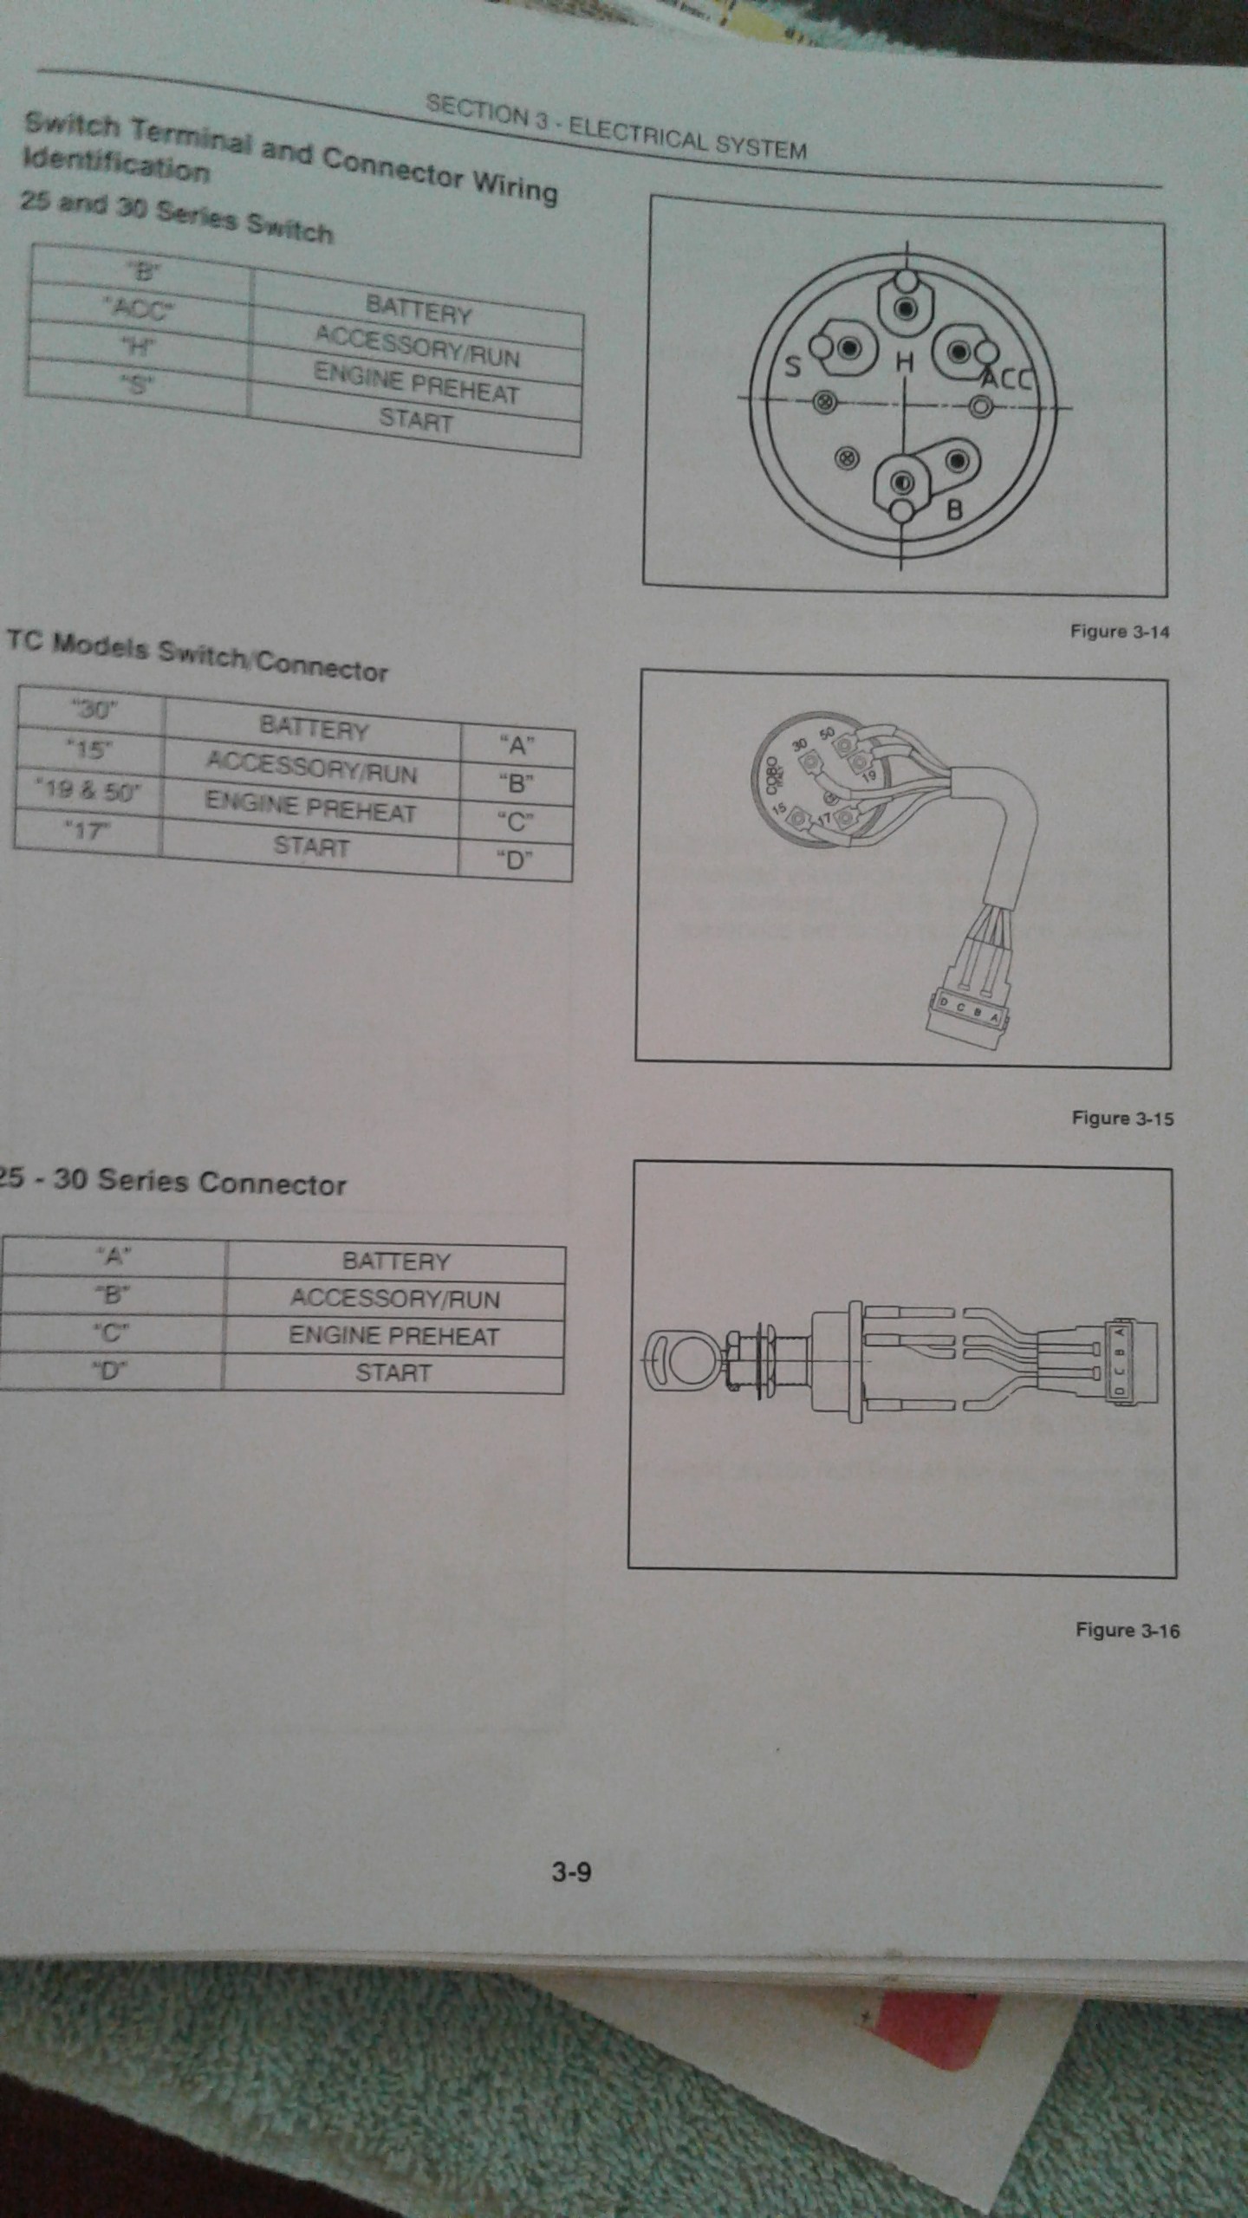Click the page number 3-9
[571, 1873]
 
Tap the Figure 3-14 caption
[1119, 632]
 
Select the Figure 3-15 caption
[1122, 1119]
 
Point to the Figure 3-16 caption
[1127, 1631]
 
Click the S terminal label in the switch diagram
[791, 366]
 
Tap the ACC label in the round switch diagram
[1008, 379]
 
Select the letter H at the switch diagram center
[904, 363]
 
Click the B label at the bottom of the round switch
[954, 509]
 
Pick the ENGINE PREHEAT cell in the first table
[416, 384]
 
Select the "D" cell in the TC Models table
[515, 859]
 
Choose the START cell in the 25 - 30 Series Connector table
[393, 1373]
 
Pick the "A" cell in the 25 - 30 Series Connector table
[114, 1257]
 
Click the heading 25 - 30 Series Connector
[173, 1182]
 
